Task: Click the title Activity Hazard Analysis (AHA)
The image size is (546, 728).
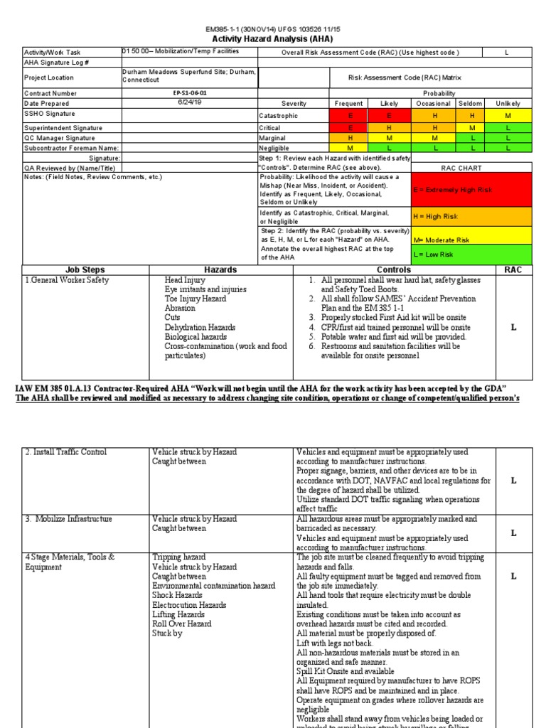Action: point(273,39)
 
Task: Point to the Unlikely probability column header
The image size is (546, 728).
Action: point(508,104)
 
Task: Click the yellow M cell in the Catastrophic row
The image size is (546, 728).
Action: point(508,115)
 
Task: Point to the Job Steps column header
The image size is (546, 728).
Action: point(85,270)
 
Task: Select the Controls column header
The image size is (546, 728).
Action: point(394,270)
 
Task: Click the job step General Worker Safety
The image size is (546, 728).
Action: point(68,280)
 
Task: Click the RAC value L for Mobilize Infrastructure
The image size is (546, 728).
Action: point(513,533)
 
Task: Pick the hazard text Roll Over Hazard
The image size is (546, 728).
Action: point(181,623)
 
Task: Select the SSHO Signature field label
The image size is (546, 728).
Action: point(50,114)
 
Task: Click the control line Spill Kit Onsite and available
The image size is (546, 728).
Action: point(343,671)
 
